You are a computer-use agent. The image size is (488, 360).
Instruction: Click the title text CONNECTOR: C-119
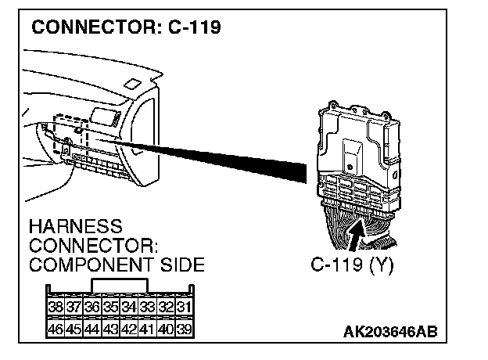126,27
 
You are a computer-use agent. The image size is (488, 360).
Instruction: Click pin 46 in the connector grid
56,328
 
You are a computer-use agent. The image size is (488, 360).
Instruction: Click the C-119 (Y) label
352,264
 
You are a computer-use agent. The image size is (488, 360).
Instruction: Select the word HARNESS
75,227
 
